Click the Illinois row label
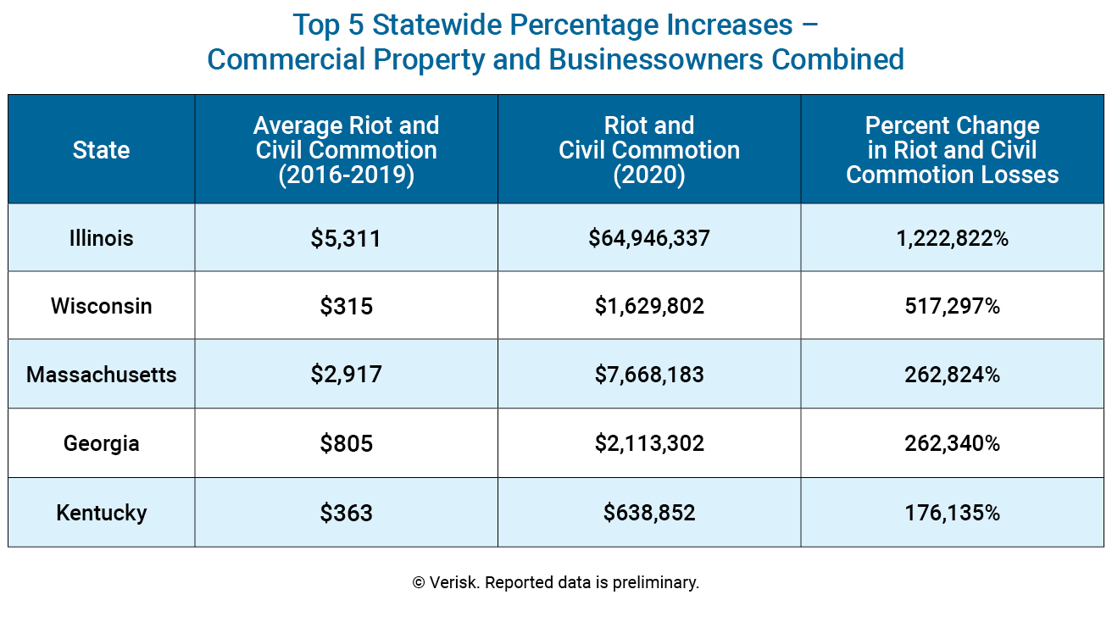tap(101, 238)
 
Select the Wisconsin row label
tap(101, 306)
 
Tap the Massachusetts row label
tap(101, 375)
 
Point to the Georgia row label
tap(101, 443)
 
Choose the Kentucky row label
tap(101, 513)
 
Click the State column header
tap(101, 150)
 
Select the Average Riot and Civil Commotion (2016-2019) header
tap(346, 150)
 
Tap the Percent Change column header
tap(952, 150)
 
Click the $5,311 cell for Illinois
tap(346, 239)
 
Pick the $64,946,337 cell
tap(649, 238)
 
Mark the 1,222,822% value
tap(952, 238)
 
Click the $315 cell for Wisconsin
tap(346, 307)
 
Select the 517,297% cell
tap(952, 306)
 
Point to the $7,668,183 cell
tap(649, 375)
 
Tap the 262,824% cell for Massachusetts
tap(952, 375)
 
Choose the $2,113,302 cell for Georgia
tap(649, 443)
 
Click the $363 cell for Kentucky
tap(346, 514)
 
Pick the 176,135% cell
tap(952, 513)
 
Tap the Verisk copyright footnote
tap(555, 583)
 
